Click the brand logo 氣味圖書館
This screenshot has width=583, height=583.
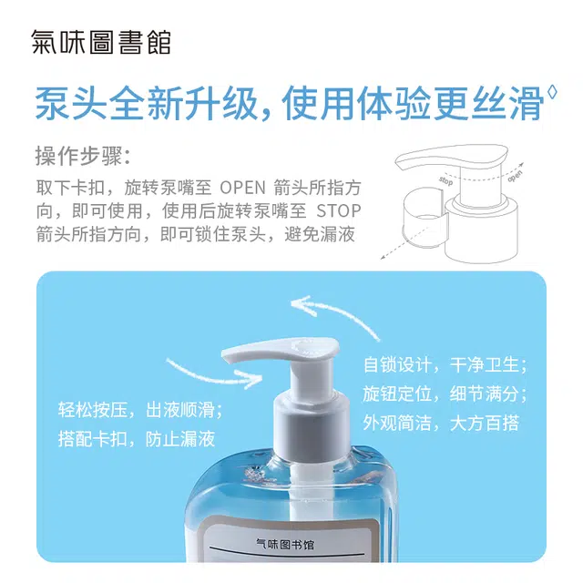click(101, 42)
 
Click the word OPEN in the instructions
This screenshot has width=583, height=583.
click(243, 188)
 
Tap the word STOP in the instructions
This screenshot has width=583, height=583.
click(339, 211)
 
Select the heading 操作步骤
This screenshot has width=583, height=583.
click(83, 156)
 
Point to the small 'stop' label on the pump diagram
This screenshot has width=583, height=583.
click(445, 180)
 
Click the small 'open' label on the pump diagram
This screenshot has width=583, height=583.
click(515, 176)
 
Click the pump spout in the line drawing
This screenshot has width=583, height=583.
click(451, 157)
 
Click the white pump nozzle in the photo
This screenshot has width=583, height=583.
click(280, 352)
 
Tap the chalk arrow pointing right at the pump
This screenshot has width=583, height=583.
click(214, 373)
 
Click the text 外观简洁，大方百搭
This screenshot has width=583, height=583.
click(441, 423)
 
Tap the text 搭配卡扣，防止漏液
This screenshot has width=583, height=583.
click(137, 439)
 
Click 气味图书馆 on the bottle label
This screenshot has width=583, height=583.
click(285, 545)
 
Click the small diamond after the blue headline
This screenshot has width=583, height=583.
click(552, 92)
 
